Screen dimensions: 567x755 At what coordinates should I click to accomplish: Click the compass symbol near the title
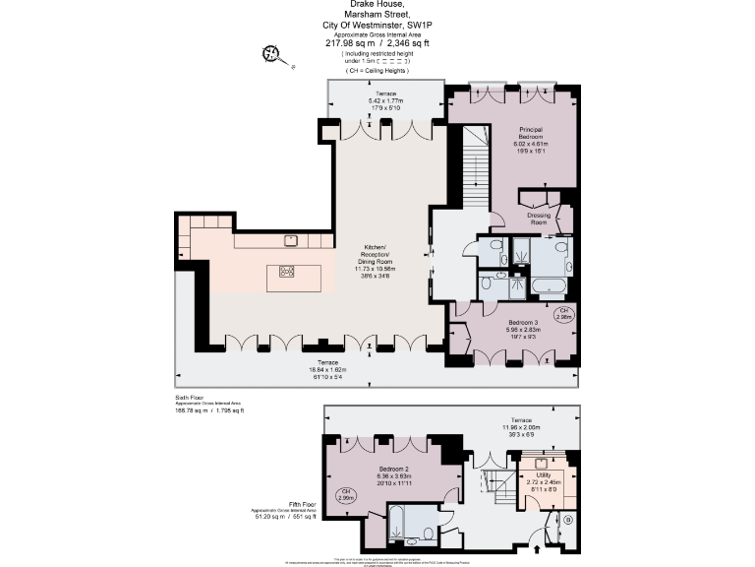[x=271, y=54]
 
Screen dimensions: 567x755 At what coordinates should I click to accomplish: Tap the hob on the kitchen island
[x=287, y=273]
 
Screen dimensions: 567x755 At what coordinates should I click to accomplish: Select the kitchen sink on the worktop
[x=291, y=239]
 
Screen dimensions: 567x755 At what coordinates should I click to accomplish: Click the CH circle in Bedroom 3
[x=564, y=315]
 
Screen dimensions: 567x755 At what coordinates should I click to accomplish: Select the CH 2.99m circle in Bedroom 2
[x=346, y=494]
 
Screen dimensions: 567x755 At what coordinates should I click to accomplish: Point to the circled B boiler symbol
[x=567, y=519]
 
